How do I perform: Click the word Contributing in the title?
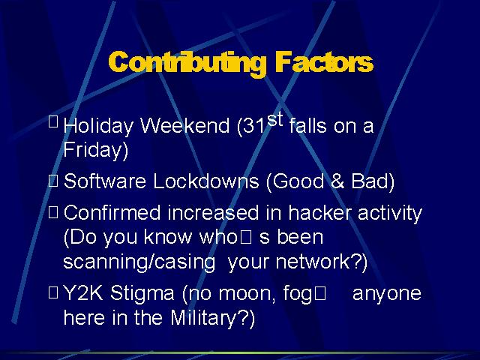187,63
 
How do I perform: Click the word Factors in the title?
324,62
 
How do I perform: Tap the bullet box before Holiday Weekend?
53,121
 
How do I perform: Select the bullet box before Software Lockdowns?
53,181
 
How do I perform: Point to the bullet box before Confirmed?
53,212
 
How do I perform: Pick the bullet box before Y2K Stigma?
53,292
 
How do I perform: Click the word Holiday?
98,126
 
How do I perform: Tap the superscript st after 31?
274,120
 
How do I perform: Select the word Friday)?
95,150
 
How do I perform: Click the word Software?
105,181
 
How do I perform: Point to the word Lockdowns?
206,181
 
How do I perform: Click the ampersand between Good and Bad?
337,181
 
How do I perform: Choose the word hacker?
319,212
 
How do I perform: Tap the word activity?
390,213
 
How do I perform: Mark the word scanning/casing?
139,262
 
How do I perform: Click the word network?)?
322,262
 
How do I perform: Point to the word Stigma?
142,294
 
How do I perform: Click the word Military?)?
212,318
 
